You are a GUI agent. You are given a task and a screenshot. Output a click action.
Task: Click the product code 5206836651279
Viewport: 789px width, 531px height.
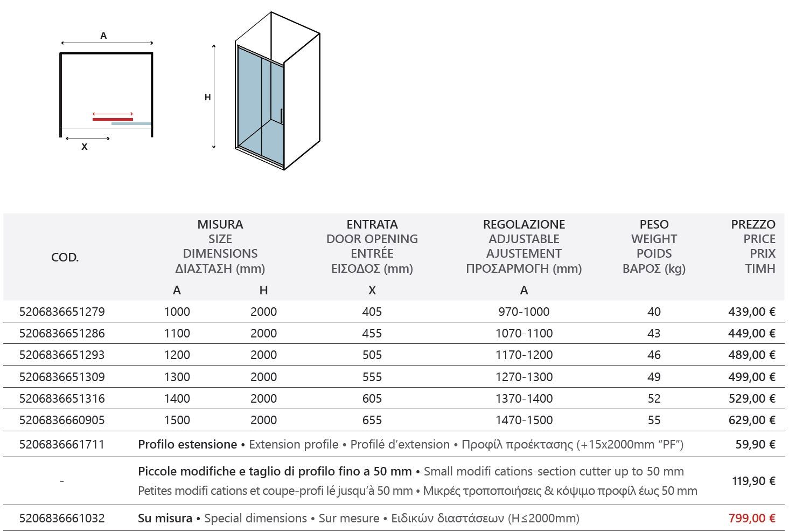(62, 312)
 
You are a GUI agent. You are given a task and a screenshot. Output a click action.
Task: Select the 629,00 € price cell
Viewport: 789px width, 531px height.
(751, 420)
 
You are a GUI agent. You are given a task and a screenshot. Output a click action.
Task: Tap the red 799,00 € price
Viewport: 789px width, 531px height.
(751, 518)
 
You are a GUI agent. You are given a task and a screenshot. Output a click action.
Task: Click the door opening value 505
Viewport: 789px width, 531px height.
(372, 355)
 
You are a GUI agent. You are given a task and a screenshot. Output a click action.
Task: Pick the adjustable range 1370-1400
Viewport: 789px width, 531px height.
(523, 398)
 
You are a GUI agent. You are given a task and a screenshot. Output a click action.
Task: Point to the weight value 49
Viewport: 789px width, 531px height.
(654, 377)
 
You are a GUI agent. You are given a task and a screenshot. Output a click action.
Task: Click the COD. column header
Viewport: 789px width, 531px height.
(65, 257)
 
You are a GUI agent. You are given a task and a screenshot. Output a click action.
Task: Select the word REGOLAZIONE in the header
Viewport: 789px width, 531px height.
(523, 224)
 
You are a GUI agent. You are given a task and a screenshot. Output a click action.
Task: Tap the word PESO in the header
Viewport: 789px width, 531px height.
(654, 224)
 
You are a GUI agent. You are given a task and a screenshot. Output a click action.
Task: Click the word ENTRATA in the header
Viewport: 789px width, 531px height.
(372, 224)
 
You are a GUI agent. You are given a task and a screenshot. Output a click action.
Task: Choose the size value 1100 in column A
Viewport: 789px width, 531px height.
(177, 333)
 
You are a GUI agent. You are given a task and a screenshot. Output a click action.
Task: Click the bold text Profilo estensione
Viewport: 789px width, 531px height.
(187, 444)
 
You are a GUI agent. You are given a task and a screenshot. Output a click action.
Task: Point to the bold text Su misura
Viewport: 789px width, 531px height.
(165, 518)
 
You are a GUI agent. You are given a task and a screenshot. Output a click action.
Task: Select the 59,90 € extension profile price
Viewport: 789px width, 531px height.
(755, 444)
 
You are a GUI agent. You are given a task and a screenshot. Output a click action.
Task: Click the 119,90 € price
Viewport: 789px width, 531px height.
(753, 481)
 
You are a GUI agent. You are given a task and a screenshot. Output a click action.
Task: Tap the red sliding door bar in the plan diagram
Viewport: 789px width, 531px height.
(113, 119)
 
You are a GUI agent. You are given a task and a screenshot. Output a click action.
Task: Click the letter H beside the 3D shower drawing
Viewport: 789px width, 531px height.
(207, 97)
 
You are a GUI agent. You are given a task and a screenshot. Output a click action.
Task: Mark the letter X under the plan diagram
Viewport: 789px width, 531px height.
(85, 147)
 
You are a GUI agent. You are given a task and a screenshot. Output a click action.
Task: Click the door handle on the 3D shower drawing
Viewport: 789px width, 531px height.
(281, 116)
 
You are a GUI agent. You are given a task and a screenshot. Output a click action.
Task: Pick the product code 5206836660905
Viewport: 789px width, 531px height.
(62, 420)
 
